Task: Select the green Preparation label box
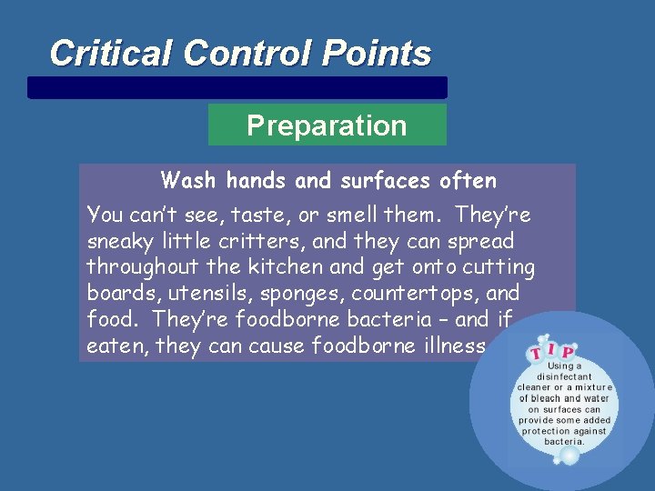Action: click(x=327, y=125)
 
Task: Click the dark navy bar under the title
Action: click(x=237, y=87)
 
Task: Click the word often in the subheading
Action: click(x=467, y=181)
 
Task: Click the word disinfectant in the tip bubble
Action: click(x=565, y=376)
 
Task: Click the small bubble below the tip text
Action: click(x=569, y=454)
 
